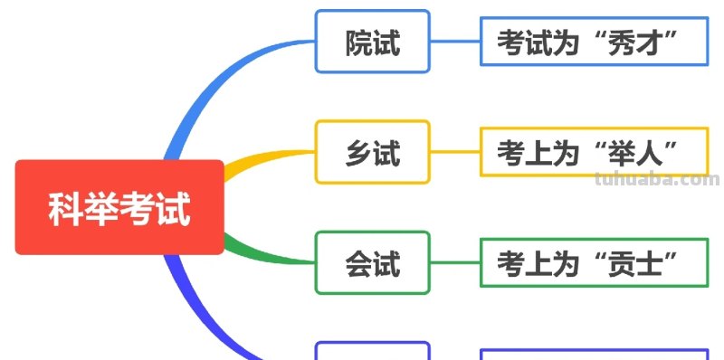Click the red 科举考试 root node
[119, 207]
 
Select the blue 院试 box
[372, 42]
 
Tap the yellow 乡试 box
[372, 152]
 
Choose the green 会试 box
[372, 263]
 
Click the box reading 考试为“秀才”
[593, 42]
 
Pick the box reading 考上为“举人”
[593, 152]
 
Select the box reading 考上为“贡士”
[593, 263]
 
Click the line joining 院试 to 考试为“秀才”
[454, 42]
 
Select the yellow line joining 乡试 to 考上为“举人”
[454, 152]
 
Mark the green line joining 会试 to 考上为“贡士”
[454, 263]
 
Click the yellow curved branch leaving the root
[262, 156]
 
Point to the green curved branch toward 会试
[262, 255]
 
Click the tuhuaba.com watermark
[658, 180]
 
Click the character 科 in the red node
[63, 208]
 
